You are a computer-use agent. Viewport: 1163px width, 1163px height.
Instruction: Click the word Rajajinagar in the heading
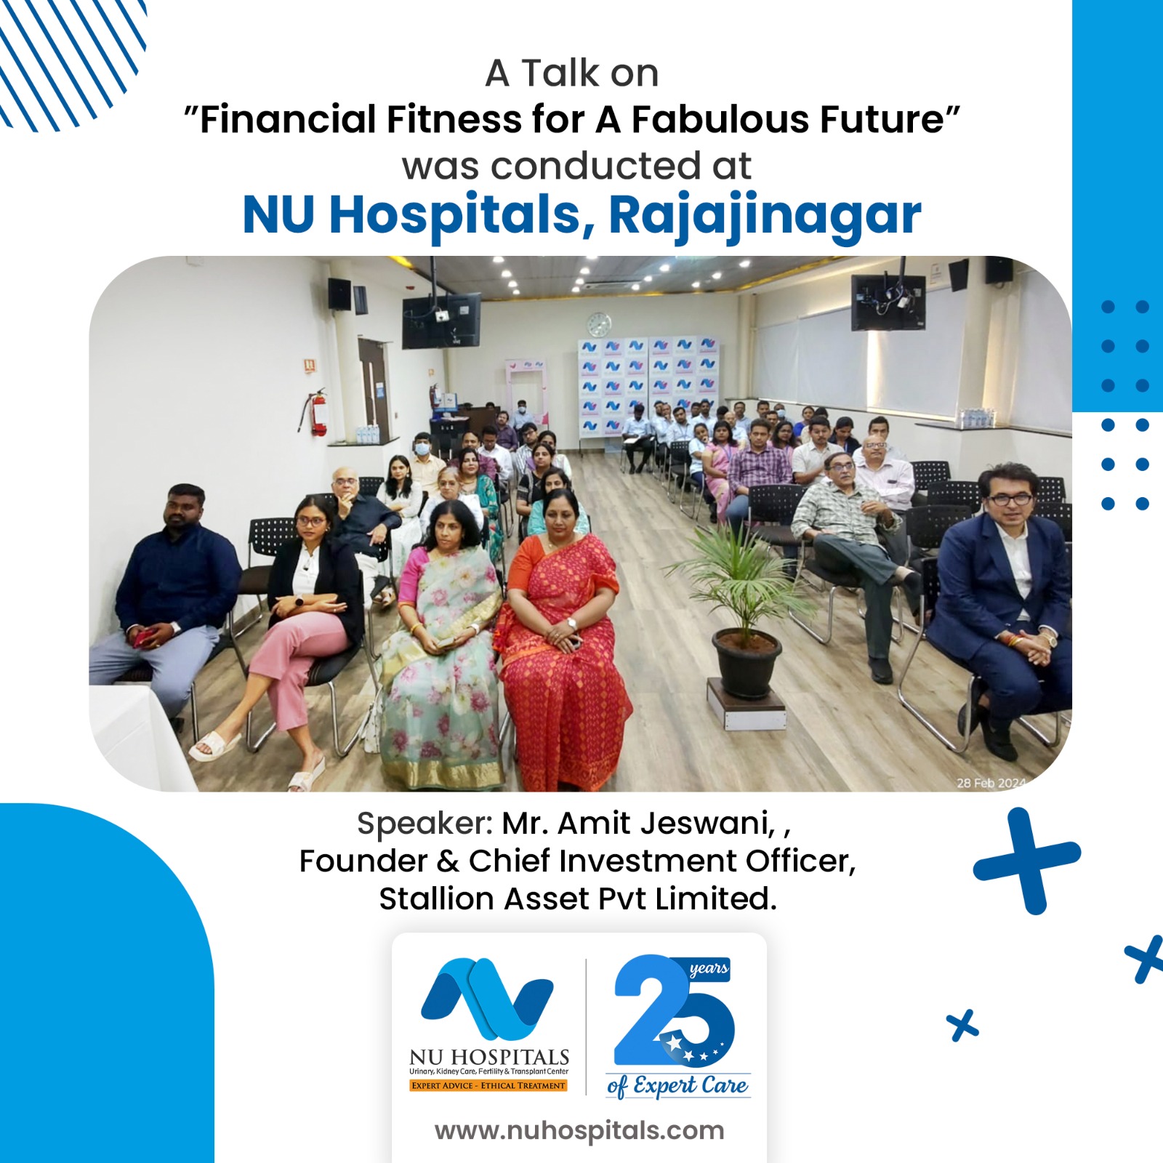765,216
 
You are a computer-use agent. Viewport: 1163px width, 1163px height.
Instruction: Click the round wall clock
599,324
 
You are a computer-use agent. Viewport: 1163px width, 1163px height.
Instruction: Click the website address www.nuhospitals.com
579,1130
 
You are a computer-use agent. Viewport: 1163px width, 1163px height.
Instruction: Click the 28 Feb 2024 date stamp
990,783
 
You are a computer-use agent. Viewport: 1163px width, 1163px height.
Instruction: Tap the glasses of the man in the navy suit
1010,499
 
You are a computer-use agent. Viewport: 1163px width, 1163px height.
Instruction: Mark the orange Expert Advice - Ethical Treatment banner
488,1085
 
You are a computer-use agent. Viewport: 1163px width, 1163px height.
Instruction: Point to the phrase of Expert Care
677,1086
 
